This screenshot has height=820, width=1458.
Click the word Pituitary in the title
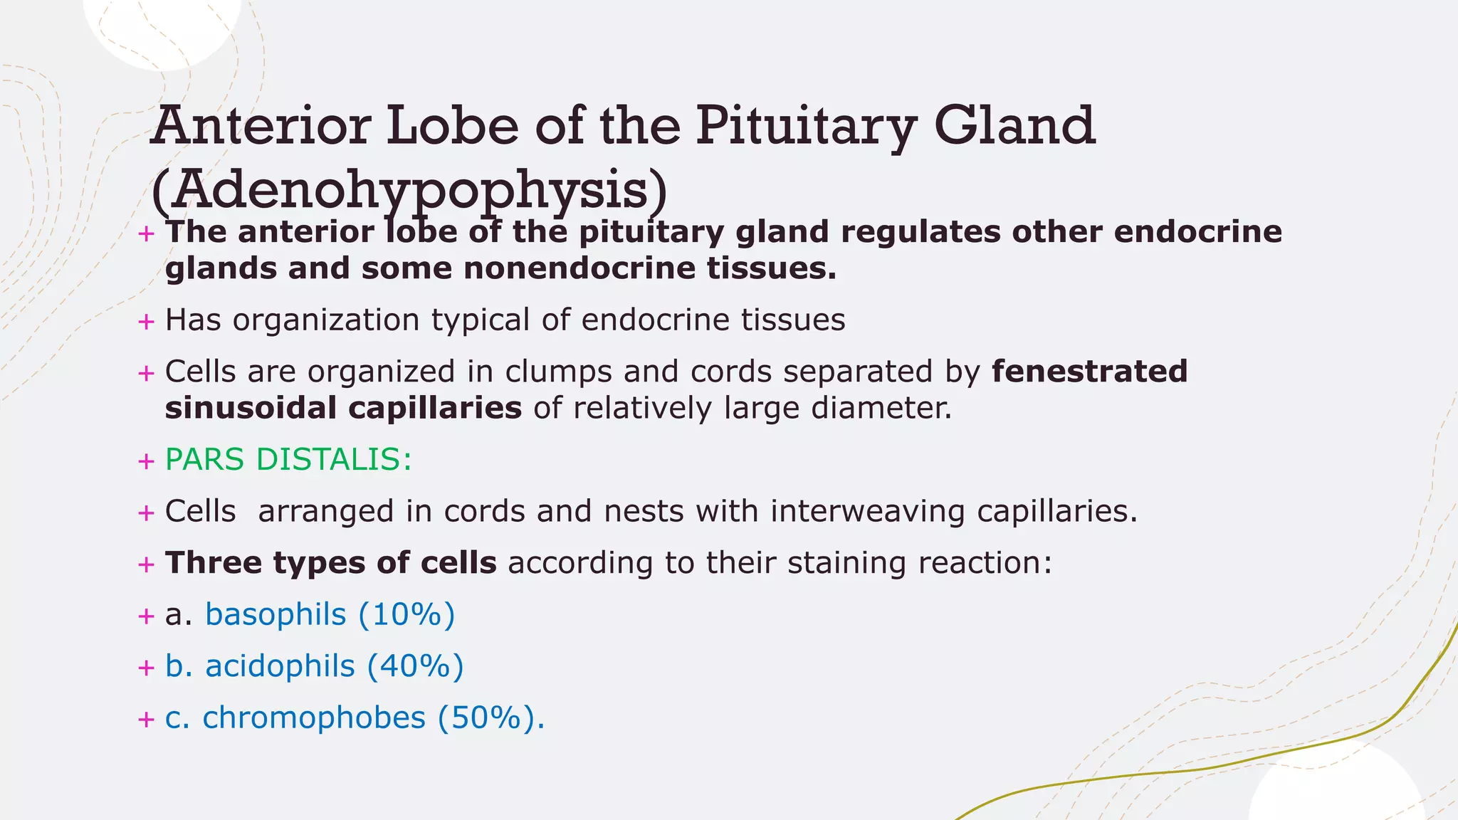click(x=804, y=126)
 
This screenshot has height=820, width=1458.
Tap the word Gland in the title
click(x=1014, y=126)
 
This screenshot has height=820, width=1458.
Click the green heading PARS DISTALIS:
click(x=288, y=460)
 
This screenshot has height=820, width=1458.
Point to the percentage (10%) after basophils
click(x=407, y=614)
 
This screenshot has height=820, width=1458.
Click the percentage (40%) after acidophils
click(x=416, y=666)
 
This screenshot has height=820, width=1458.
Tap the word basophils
click(x=276, y=614)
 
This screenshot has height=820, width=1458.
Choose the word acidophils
click(x=280, y=666)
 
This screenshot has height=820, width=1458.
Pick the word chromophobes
click(x=314, y=717)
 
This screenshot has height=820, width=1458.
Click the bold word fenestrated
click(x=1089, y=372)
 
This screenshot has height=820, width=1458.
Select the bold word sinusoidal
click(x=251, y=409)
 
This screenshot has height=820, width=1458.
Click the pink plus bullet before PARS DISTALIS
click(x=146, y=461)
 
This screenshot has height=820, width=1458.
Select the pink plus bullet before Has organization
click(x=146, y=322)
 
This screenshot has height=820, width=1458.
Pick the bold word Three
click(x=213, y=563)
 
